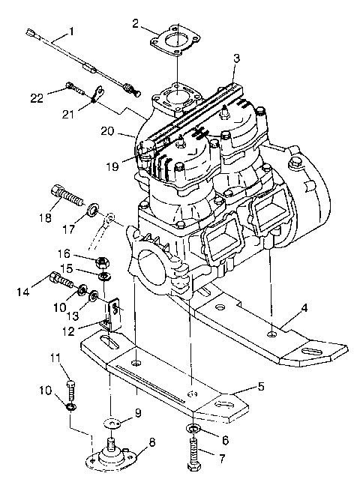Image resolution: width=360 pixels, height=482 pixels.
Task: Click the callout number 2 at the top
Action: [x=135, y=23]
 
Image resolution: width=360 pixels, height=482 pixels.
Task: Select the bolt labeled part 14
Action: [x=62, y=284]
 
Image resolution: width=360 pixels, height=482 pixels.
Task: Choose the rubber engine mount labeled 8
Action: [x=115, y=453]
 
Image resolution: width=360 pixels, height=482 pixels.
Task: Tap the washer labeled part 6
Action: [x=191, y=429]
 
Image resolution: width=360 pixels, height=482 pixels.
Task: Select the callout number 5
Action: [x=259, y=388]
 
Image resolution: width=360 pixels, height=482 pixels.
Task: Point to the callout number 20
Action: [x=108, y=130]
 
